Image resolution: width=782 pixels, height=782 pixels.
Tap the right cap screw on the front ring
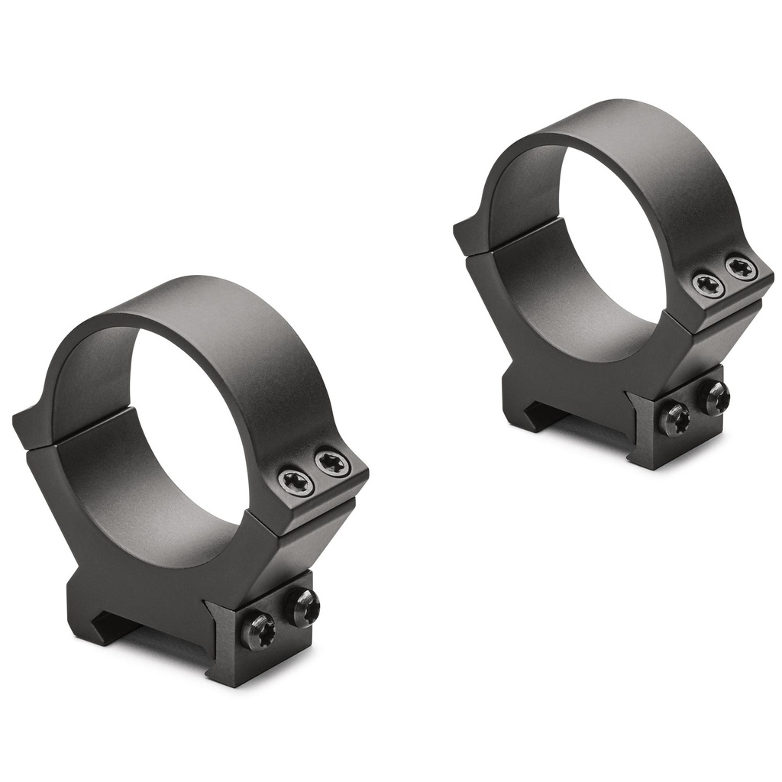(331, 462)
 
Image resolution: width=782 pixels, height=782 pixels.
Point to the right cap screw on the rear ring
(739, 268)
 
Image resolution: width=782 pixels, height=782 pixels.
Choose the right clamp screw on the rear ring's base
(713, 398)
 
